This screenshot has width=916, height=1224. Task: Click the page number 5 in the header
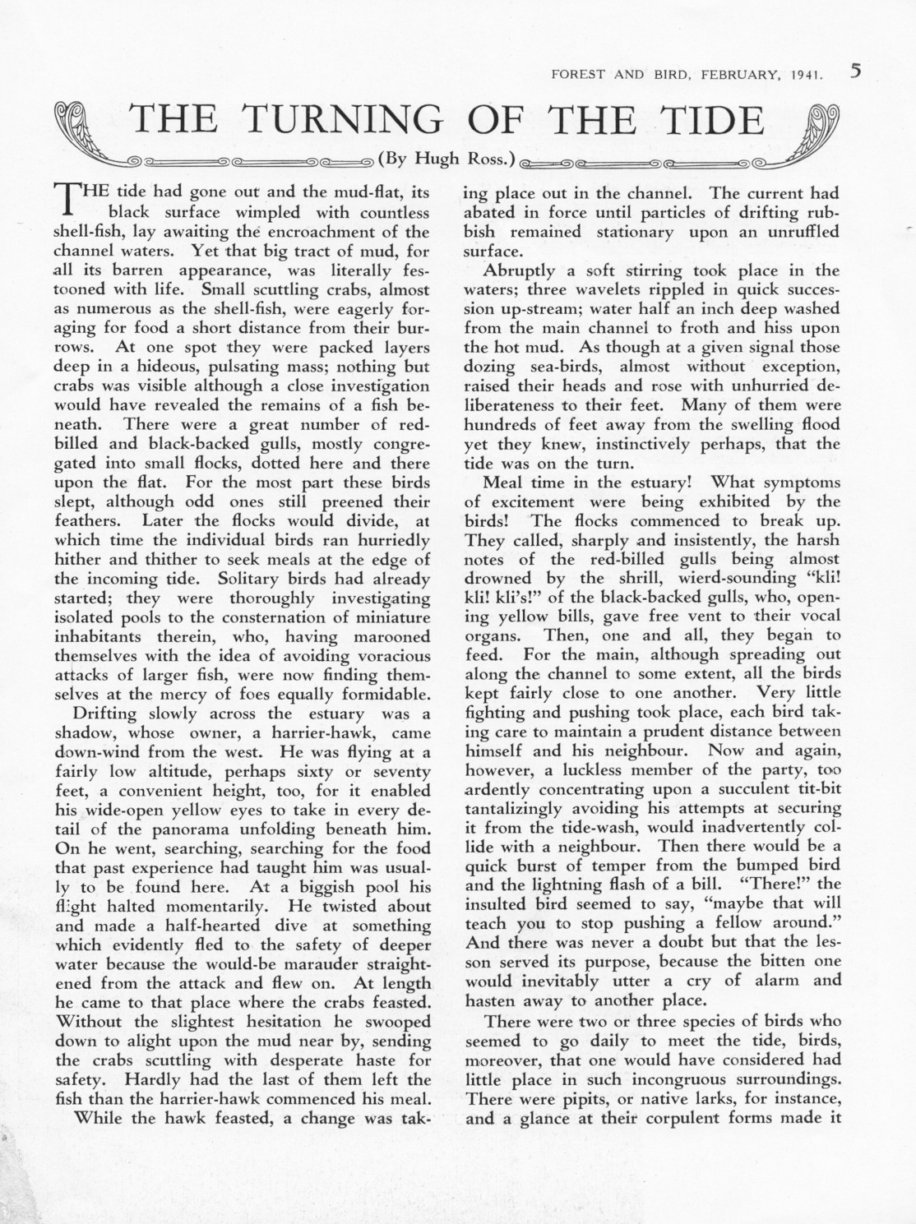(855, 71)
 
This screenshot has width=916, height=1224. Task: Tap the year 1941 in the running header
(806, 74)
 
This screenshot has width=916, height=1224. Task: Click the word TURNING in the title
(342, 120)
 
